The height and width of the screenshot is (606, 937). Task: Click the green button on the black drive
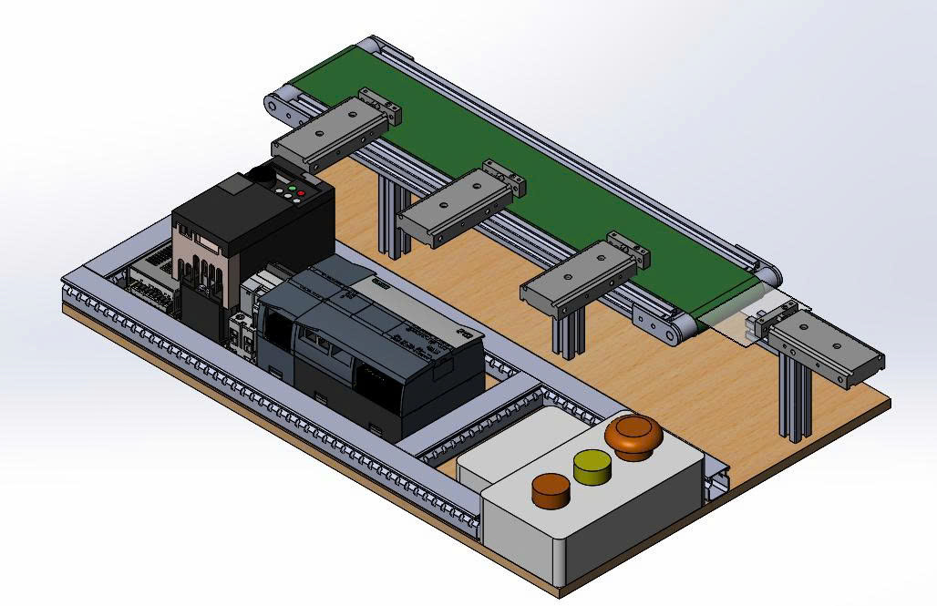point(292,188)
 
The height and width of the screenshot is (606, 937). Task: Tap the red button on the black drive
point(301,193)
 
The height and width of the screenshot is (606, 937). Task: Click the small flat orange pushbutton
point(551,489)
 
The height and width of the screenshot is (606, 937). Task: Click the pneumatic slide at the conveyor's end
point(825,351)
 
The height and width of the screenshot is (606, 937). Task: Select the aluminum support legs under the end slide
point(795,401)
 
